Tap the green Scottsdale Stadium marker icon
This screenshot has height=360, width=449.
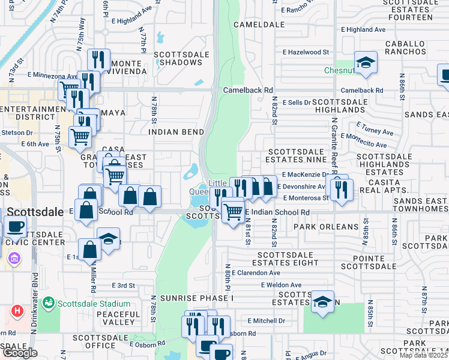(x=48, y=303)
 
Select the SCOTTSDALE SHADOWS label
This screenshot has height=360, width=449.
(x=181, y=58)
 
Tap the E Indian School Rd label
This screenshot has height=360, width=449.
(x=281, y=212)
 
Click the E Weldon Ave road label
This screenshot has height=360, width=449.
(x=280, y=285)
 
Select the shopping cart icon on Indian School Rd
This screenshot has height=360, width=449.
(x=232, y=210)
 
